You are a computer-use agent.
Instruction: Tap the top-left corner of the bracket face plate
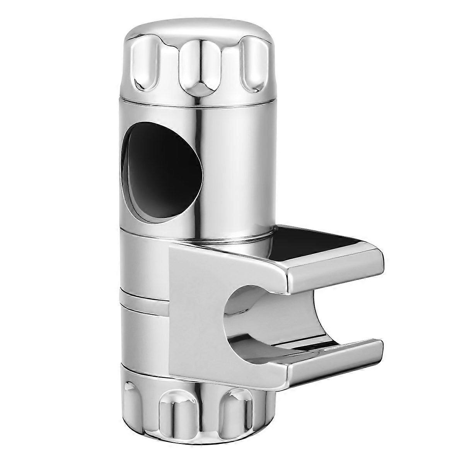coord(172,249)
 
